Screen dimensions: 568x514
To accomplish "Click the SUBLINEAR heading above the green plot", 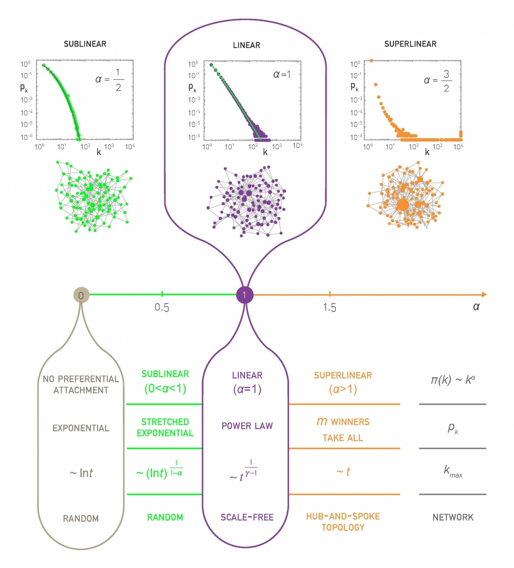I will (x=85, y=43).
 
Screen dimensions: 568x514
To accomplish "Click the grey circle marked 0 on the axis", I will (x=82, y=295).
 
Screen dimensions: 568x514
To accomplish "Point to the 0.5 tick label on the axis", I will (x=162, y=308).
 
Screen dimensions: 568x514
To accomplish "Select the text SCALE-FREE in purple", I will (x=247, y=518).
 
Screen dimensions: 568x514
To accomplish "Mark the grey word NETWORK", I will (x=452, y=518).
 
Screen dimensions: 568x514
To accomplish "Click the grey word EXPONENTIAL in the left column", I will (x=81, y=428).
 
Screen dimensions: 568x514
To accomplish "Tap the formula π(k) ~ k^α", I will (x=452, y=380).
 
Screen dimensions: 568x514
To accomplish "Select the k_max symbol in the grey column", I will (x=452, y=472).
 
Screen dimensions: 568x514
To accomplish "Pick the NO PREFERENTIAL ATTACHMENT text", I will (x=81, y=385).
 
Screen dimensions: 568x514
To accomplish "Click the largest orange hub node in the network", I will (x=403, y=204).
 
